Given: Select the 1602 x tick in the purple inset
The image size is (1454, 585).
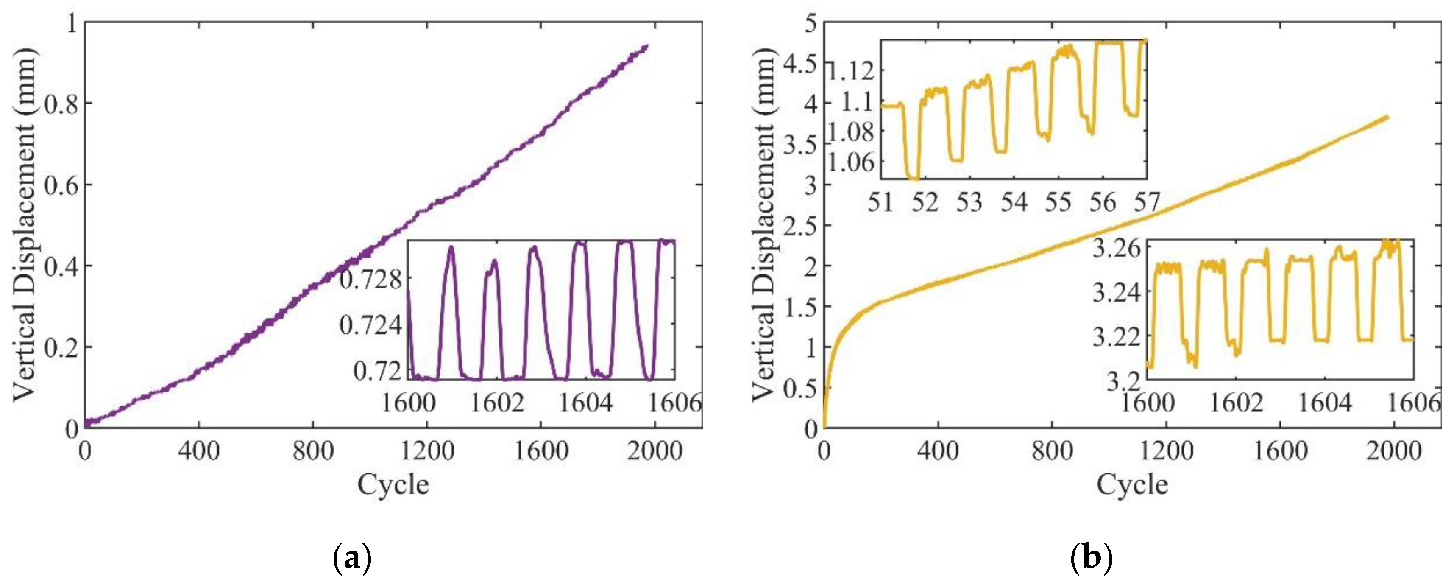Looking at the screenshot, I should (x=497, y=403).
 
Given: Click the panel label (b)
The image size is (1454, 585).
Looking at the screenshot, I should (x=1091, y=559).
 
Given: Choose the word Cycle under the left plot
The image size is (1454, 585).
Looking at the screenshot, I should (x=393, y=484).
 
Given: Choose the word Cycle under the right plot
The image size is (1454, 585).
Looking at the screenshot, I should (x=1132, y=484).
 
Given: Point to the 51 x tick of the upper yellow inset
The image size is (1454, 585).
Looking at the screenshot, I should (x=880, y=202).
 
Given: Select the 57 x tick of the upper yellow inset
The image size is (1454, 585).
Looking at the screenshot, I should (x=1146, y=202).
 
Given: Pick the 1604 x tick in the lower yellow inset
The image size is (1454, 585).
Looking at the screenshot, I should (x=1325, y=403).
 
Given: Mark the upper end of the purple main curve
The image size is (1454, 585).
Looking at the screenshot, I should (x=646, y=45).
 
